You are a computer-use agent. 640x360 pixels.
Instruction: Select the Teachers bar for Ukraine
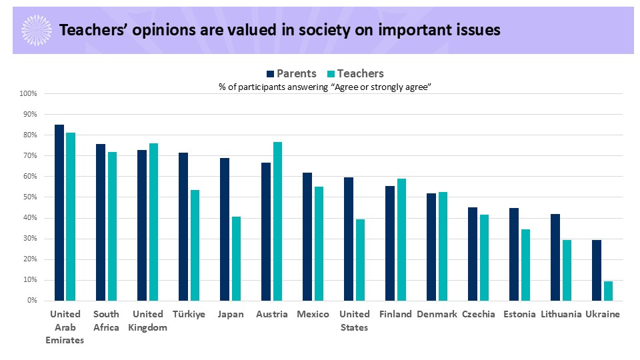click(608, 291)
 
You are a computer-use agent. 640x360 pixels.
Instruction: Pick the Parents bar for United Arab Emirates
click(59, 213)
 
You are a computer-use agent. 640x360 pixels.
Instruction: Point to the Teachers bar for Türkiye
click(195, 245)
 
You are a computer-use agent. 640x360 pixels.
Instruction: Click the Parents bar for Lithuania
click(555, 257)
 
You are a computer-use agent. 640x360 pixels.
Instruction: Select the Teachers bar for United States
click(360, 260)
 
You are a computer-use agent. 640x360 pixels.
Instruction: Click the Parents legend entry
click(291, 73)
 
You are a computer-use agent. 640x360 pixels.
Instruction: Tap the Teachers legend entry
click(355, 73)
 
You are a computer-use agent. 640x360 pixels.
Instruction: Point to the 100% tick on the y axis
click(29, 93)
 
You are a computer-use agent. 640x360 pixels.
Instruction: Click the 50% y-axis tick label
click(30, 197)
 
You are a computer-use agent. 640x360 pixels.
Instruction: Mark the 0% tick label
click(32, 301)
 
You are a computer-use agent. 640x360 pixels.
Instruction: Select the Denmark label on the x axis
click(437, 315)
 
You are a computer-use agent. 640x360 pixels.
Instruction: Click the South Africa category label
click(107, 321)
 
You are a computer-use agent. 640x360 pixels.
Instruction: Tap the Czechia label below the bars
click(479, 315)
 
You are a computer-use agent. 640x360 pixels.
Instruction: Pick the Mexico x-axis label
click(313, 315)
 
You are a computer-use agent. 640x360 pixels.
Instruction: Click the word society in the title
click(307, 30)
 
